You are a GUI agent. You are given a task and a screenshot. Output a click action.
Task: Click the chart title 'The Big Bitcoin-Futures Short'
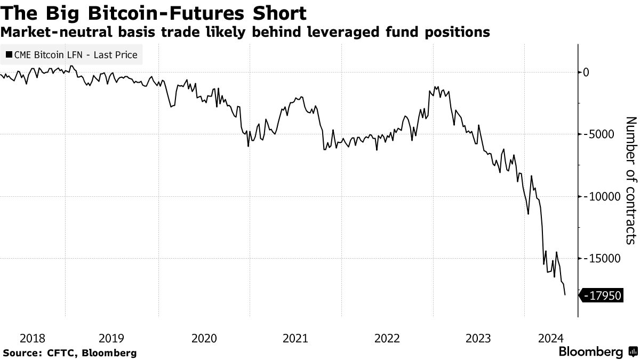pos(154,13)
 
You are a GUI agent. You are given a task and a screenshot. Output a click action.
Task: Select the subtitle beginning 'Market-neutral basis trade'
pos(245,33)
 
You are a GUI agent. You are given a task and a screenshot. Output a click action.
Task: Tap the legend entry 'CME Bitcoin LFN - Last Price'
pos(75,54)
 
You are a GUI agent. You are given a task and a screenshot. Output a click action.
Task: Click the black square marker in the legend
pos(9,54)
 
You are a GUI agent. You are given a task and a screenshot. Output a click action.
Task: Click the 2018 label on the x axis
pos(33,338)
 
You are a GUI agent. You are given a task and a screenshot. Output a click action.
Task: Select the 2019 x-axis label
pos(111,338)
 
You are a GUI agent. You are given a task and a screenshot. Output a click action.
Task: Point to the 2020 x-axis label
pos(204,338)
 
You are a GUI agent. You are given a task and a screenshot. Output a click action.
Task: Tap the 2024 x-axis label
pos(550,338)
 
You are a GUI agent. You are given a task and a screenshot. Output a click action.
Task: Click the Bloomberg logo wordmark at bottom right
pos(590,352)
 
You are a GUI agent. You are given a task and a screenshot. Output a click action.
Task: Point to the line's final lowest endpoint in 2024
pos(565,294)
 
